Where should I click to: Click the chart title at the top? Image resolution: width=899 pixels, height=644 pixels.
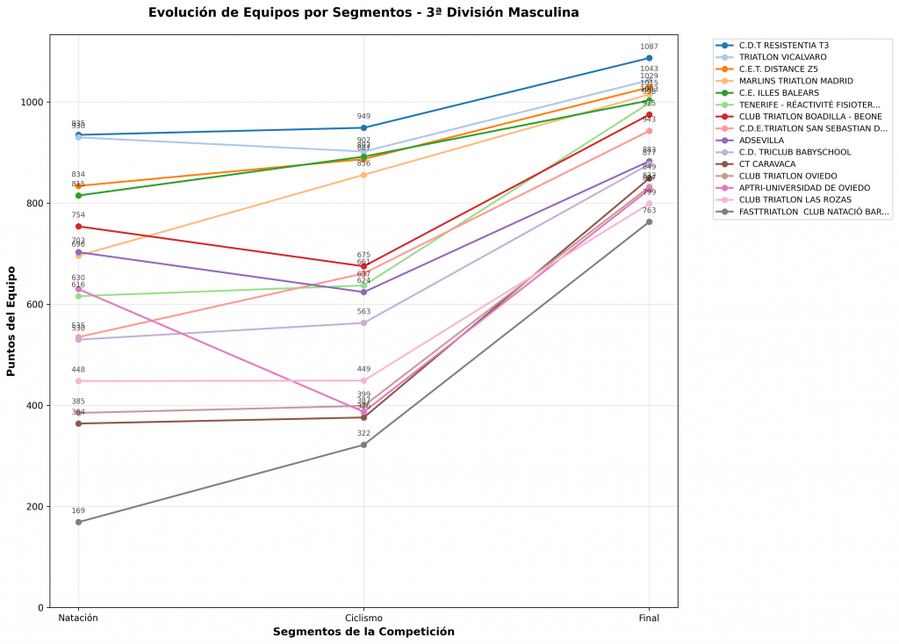click(x=363, y=13)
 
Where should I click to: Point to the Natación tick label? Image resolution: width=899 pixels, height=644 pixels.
click(x=78, y=619)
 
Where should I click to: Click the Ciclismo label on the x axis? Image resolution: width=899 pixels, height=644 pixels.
click(x=363, y=619)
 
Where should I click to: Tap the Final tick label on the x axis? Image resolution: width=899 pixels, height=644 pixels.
click(x=649, y=619)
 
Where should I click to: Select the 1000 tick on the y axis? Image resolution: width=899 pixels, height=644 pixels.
click(x=32, y=103)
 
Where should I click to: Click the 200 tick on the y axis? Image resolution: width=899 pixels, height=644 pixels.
click(x=34, y=507)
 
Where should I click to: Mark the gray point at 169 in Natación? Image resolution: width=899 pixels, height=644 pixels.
click(x=78, y=522)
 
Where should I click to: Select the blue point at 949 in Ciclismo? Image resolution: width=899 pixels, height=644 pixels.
click(x=363, y=127)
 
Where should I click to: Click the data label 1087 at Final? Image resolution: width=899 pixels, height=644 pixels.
click(x=649, y=47)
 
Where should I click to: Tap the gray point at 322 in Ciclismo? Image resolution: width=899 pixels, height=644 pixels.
click(x=363, y=445)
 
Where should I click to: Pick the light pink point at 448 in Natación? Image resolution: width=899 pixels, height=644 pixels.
click(x=78, y=381)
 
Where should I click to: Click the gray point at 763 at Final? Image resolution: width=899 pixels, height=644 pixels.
click(x=649, y=221)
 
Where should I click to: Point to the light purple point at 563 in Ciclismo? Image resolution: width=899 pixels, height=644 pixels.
click(x=363, y=322)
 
